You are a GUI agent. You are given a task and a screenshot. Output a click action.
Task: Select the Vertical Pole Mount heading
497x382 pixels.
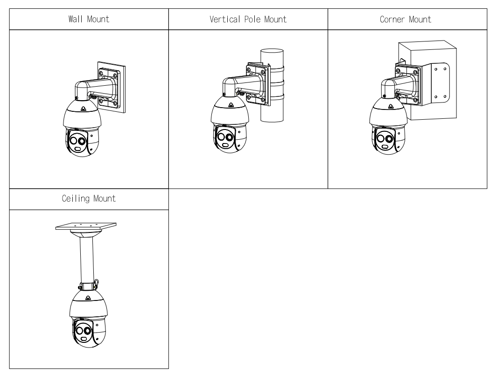click(x=248, y=20)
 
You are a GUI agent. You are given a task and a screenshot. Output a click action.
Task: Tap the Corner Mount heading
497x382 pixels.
click(x=407, y=20)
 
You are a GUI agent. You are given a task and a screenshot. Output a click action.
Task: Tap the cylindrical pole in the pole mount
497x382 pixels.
click(x=269, y=112)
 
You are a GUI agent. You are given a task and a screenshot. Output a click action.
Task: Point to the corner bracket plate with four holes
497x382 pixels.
click(x=439, y=83)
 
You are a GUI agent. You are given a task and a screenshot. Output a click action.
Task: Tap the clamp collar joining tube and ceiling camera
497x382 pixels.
click(x=88, y=285)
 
